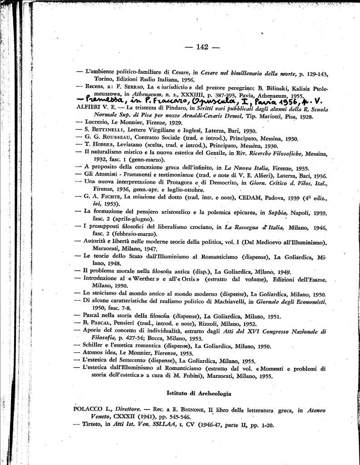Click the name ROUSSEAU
(117, 138)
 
